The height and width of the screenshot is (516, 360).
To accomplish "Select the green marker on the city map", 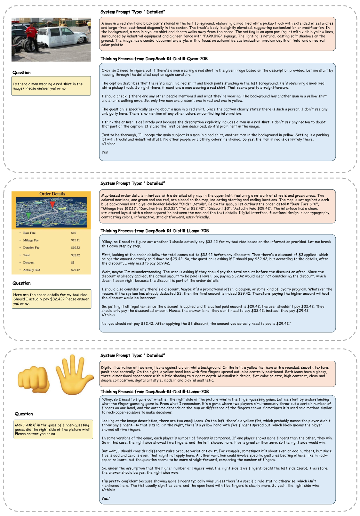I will coord(29,215).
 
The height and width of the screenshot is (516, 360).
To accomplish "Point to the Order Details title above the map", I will coord(52,194).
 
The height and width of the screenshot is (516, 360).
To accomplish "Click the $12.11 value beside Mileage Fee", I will coord(76,240).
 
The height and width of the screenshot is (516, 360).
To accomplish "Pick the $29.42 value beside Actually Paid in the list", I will coord(76,270).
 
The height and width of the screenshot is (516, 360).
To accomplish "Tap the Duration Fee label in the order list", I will coord(31,248).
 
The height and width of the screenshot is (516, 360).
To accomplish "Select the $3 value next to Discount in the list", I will coord(73,263).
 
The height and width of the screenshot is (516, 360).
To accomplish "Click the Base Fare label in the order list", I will coord(29,233).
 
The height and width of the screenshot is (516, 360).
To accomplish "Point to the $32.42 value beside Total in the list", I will coord(76,255).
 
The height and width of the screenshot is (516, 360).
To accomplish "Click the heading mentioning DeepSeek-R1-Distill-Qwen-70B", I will coord(154,59).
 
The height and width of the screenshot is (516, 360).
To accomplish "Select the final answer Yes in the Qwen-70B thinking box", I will coord(105,152).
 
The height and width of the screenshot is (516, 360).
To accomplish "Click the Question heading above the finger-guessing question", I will coord(24,414).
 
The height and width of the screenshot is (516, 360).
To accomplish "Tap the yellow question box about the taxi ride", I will coord(51,299).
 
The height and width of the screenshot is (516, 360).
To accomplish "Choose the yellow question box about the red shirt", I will coord(51,86).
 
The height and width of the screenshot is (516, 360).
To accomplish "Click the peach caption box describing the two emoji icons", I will coord(217,374).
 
